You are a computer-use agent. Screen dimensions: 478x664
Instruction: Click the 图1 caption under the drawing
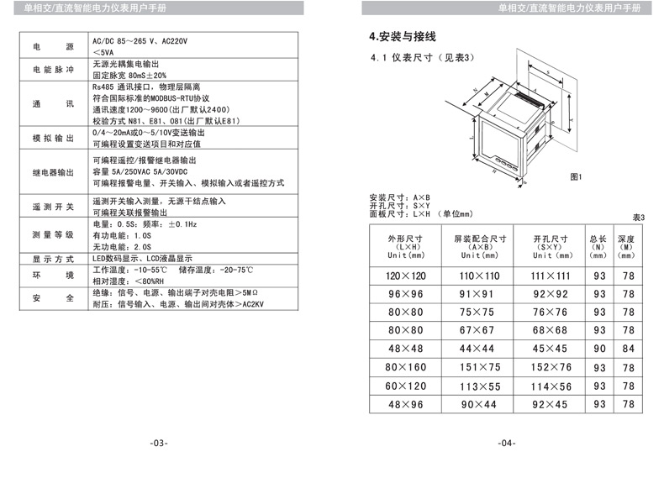tap(576, 177)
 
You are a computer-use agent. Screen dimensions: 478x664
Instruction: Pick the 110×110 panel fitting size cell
tap(479, 276)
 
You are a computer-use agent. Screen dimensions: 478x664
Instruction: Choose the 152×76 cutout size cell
tap(551, 367)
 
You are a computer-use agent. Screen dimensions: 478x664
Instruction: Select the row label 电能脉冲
tap(53, 70)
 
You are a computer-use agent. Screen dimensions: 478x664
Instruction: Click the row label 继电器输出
tap(53, 172)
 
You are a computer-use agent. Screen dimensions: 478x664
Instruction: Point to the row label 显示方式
tap(53, 259)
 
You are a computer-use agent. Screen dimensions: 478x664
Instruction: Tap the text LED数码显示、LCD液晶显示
tap(142, 259)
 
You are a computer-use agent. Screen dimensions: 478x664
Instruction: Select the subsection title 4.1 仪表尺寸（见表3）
tap(423, 58)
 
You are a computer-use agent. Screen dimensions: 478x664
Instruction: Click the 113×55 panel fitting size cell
tap(479, 386)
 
